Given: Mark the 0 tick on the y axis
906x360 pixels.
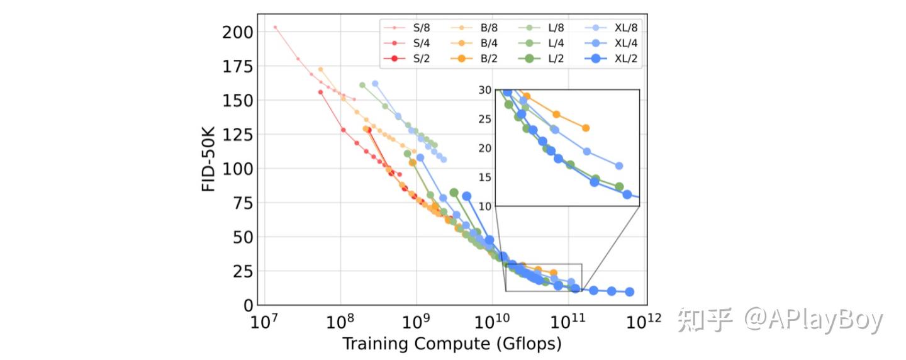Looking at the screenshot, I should click(249, 305).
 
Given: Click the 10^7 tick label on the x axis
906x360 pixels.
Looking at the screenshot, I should click(265, 322).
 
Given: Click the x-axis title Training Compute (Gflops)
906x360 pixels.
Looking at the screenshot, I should click(452, 344).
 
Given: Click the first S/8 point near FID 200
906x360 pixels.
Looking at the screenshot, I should click(275, 28).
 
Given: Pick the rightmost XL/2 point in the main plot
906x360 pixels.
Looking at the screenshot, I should click(629, 292).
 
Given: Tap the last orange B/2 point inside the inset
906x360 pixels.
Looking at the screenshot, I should click(586, 128).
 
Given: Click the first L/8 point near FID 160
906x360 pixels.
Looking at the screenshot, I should click(362, 85).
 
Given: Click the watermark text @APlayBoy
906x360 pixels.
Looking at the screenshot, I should click(814, 321).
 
